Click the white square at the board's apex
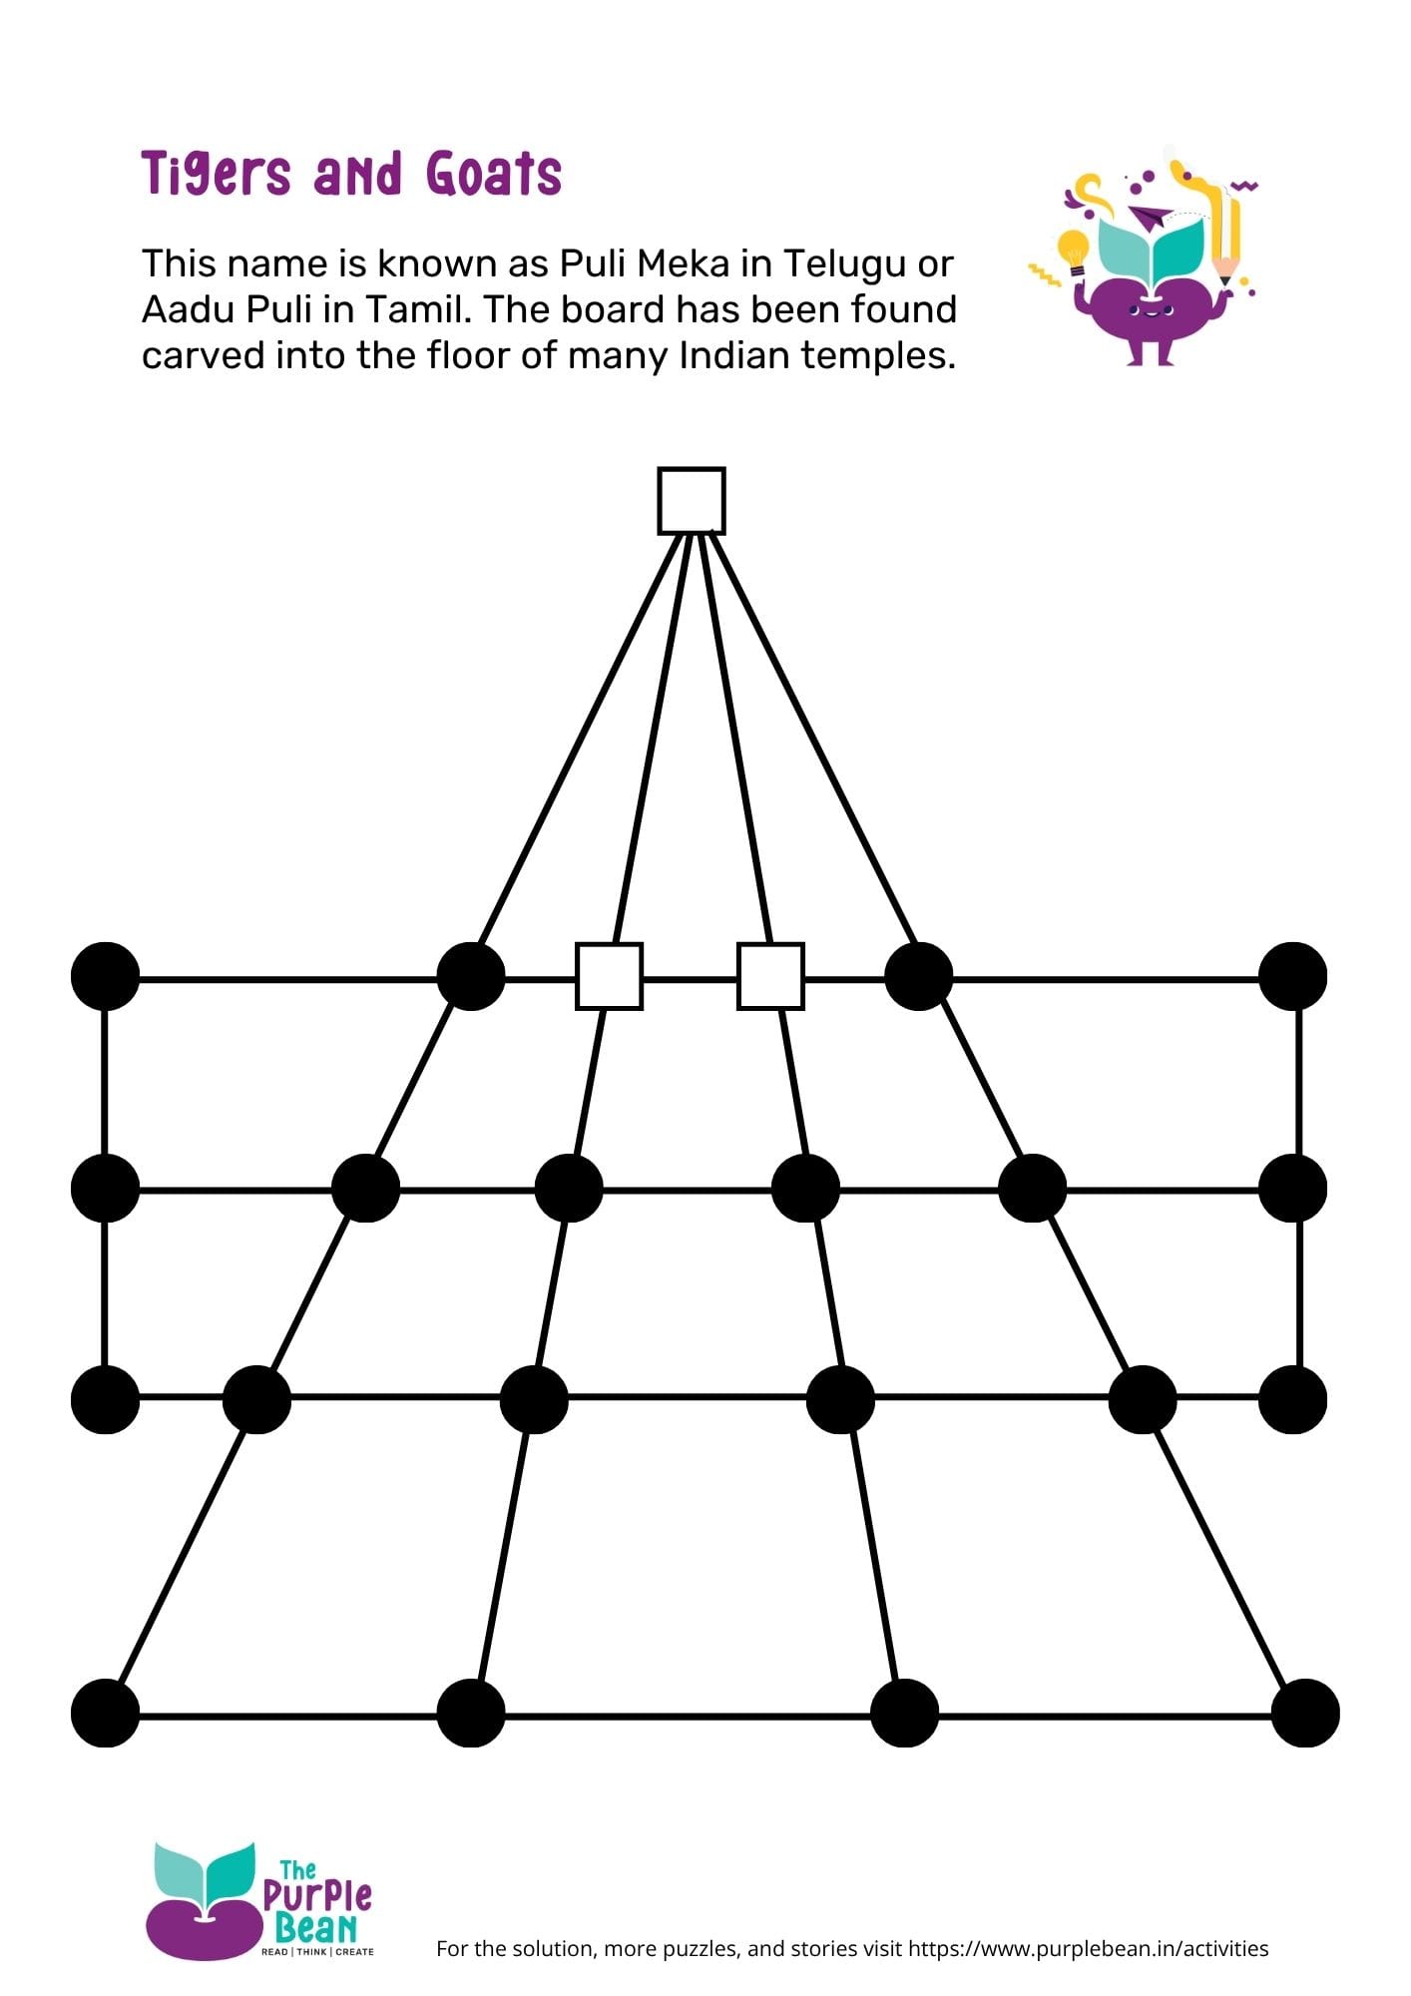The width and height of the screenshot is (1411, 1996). [691, 500]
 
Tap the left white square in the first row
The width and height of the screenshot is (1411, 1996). [609, 975]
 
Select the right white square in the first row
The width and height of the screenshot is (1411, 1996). [770, 975]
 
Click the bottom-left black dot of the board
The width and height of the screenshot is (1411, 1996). [105, 1713]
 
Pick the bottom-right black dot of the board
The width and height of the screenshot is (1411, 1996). [1305, 1713]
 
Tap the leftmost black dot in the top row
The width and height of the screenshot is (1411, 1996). [105, 975]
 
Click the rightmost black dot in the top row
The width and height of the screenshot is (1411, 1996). [1292, 975]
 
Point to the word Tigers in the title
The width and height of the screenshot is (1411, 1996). [217, 174]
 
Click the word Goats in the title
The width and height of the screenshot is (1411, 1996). [494, 174]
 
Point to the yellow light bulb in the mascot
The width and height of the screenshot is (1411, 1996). [1073, 249]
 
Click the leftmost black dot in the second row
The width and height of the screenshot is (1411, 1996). [105, 1188]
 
